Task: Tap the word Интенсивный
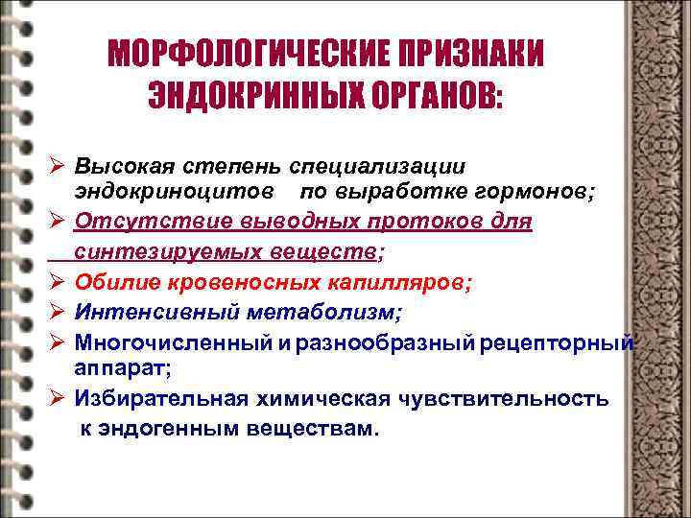141,312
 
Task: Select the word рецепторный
561,341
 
